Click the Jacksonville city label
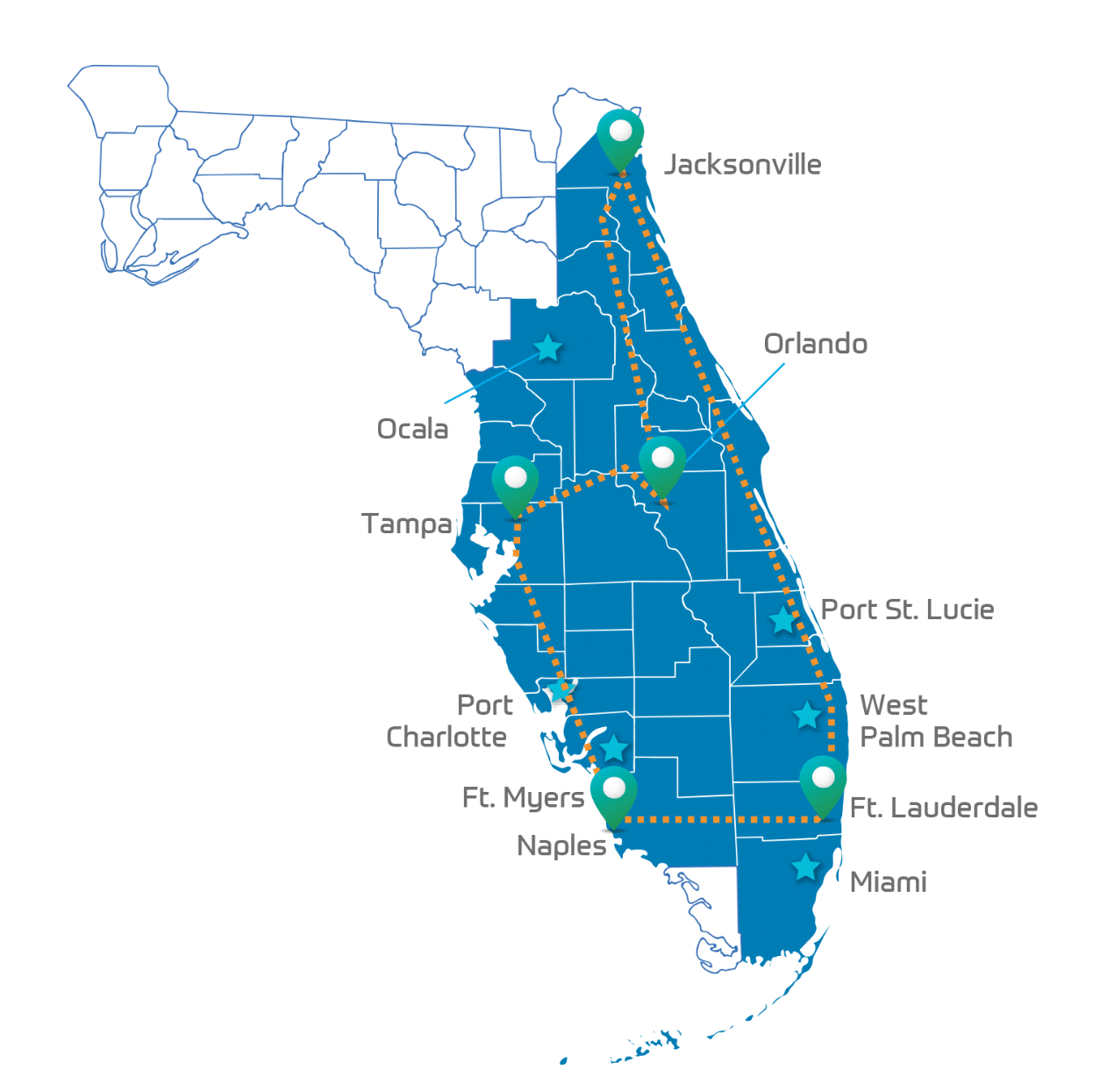coord(744,165)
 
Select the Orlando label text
coord(816,344)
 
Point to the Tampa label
coord(409,524)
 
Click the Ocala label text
coord(413,429)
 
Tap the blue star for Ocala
coord(548,348)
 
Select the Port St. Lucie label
coord(907,610)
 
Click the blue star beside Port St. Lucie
coord(782,620)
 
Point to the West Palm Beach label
coord(935,722)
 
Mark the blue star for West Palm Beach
coord(807,716)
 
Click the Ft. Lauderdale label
coord(944,808)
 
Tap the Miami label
coord(888,882)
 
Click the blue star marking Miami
coord(805,868)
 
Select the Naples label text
coord(561,846)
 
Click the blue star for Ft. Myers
coord(613,749)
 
